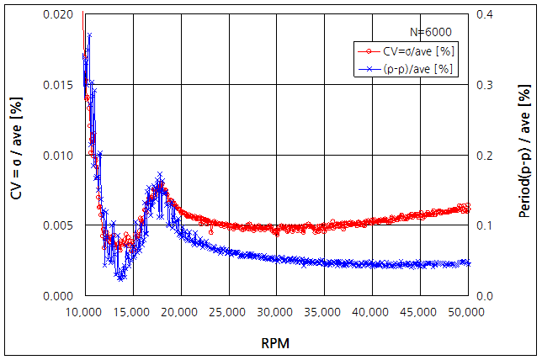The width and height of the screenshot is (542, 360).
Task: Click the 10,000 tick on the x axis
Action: point(83,313)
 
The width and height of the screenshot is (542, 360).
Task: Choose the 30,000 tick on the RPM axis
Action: point(275,313)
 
